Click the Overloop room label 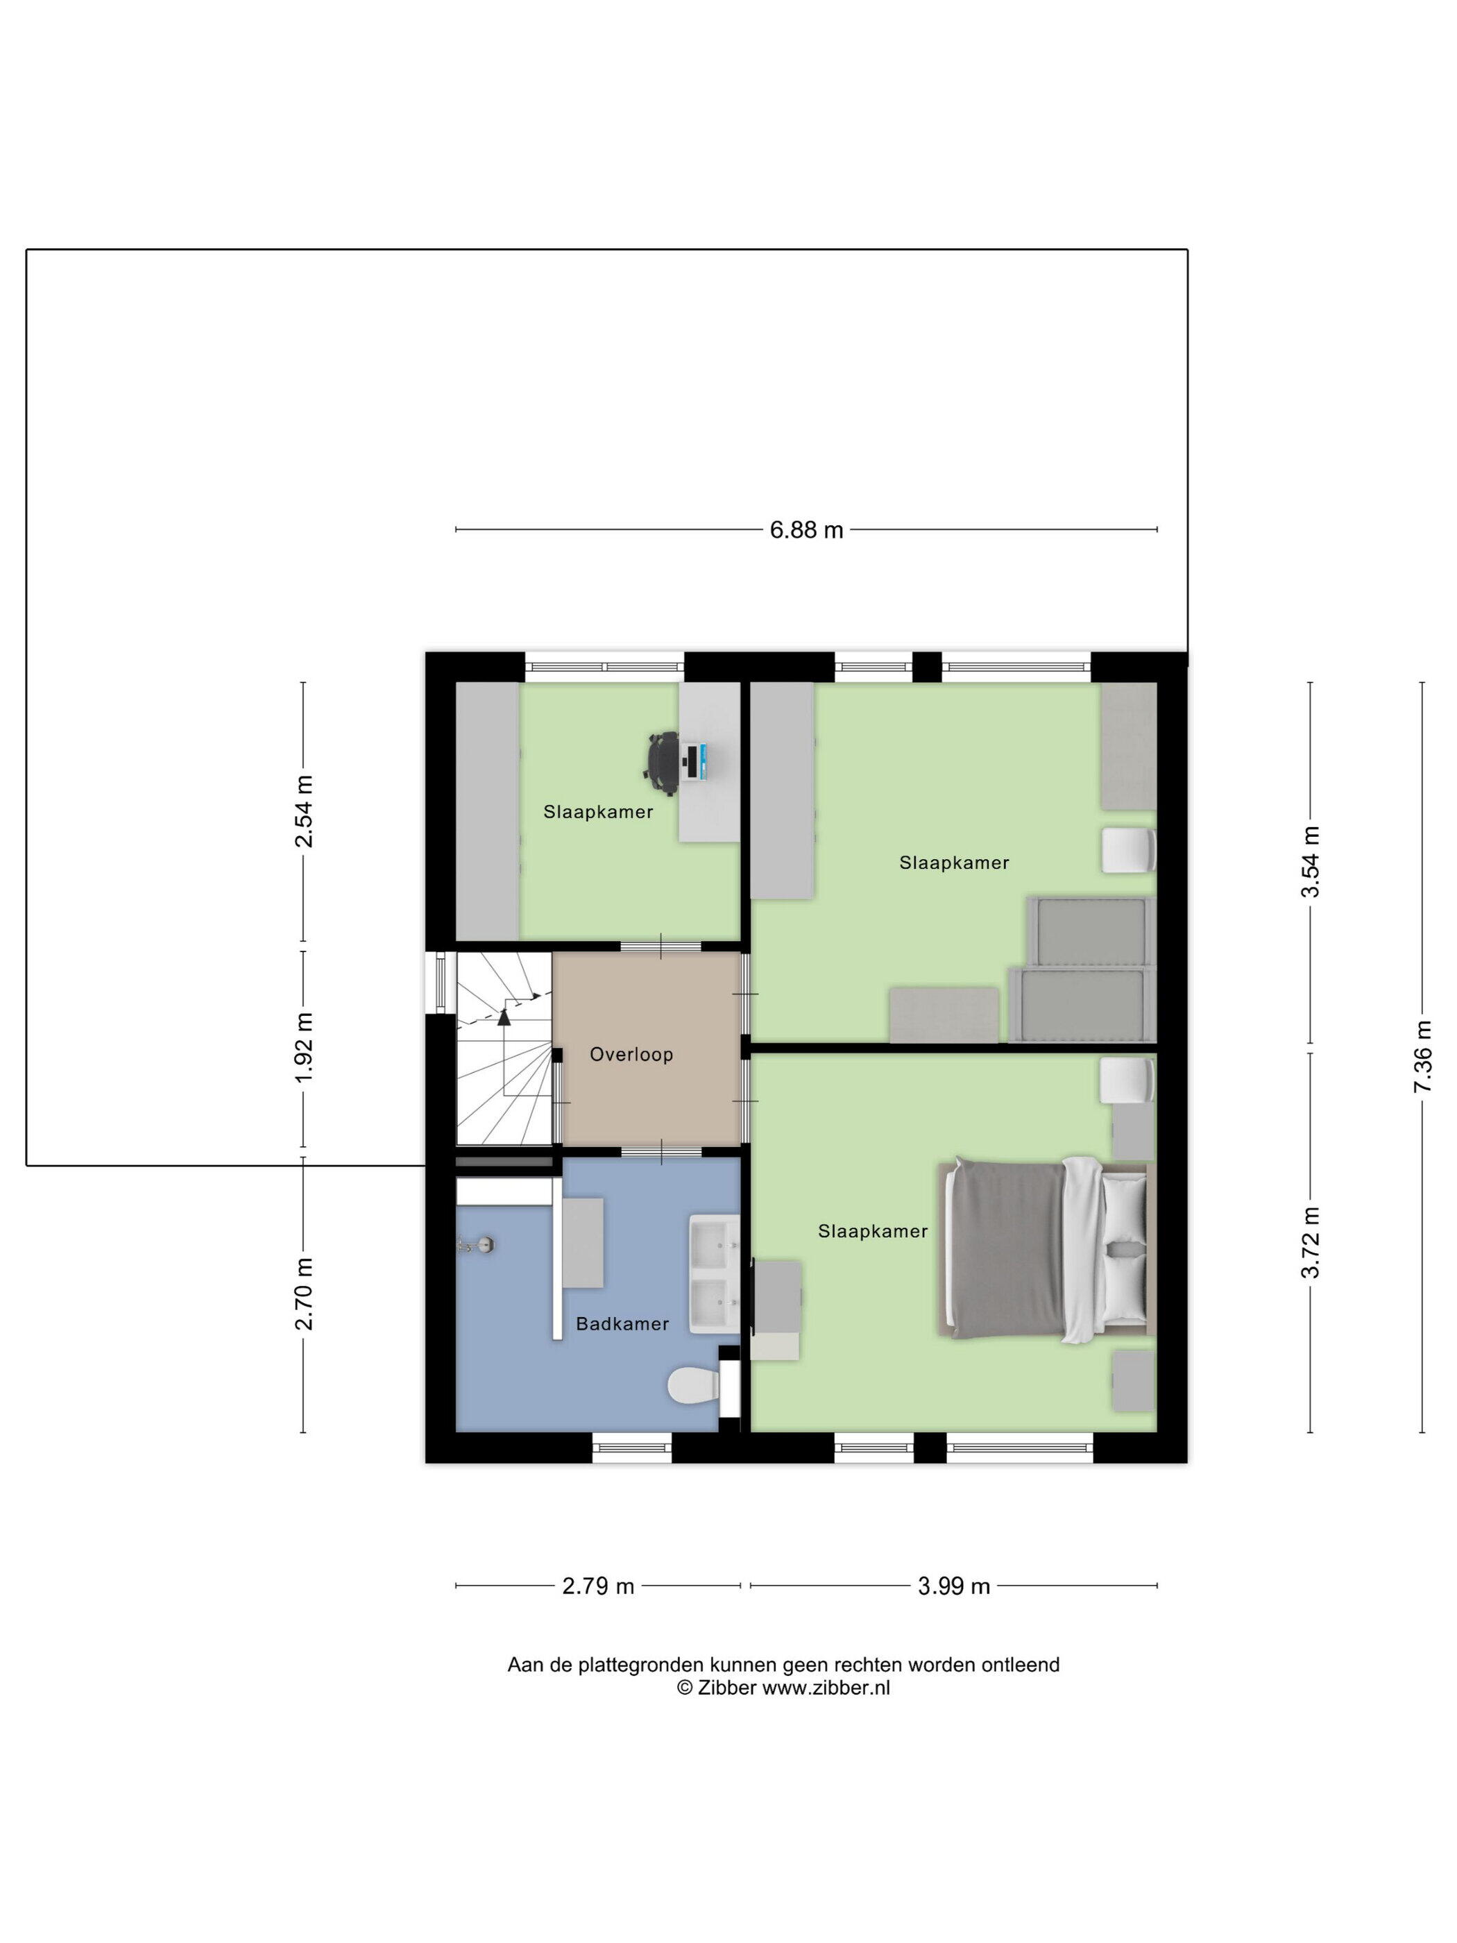(631, 1054)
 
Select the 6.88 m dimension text (806, 529)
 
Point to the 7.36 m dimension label (1422, 1057)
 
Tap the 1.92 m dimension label (304, 1048)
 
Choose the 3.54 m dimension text (1311, 862)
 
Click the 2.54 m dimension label (304, 811)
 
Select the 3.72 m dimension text (1311, 1242)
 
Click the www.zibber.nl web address (826, 1688)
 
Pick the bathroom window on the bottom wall (632, 1448)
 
